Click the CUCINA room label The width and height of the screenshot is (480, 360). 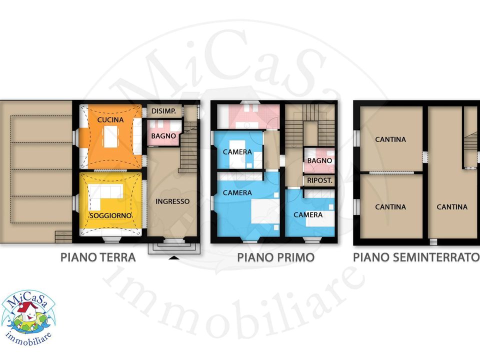pyautogui.click(x=110, y=119)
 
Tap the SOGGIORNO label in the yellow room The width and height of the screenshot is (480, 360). pyautogui.click(x=110, y=215)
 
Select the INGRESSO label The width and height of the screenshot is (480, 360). pyautogui.click(x=172, y=201)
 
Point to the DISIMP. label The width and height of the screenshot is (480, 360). pyautogui.click(x=164, y=111)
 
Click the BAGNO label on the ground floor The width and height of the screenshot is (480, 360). pyautogui.click(x=163, y=136)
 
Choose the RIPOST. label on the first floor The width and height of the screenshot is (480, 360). pyautogui.click(x=319, y=180)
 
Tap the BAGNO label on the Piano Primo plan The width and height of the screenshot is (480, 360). pyautogui.click(x=319, y=160)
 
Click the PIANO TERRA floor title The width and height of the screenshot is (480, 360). pyautogui.click(x=98, y=257)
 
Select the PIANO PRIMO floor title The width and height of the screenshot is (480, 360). pyautogui.click(x=276, y=257)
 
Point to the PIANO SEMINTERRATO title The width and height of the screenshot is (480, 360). pyautogui.click(x=416, y=257)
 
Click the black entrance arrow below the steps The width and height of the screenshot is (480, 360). pyautogui.click(x=174, y=258)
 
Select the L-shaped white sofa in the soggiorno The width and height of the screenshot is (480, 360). pyautogui.click(x=103, y=195)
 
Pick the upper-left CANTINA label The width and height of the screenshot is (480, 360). pyautogui.click(x=390, y=139)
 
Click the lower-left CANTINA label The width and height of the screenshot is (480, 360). pyautogui.click(x=390, y=207)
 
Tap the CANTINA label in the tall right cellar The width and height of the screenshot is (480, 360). pyautogui.click(x=452, y=207)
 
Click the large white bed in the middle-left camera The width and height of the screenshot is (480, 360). pyautogui.click(x=265, y=211)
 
